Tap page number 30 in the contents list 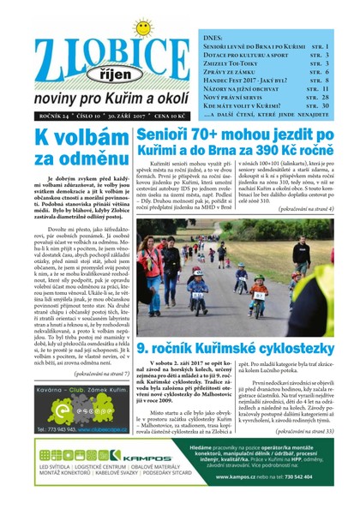(323, 105)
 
